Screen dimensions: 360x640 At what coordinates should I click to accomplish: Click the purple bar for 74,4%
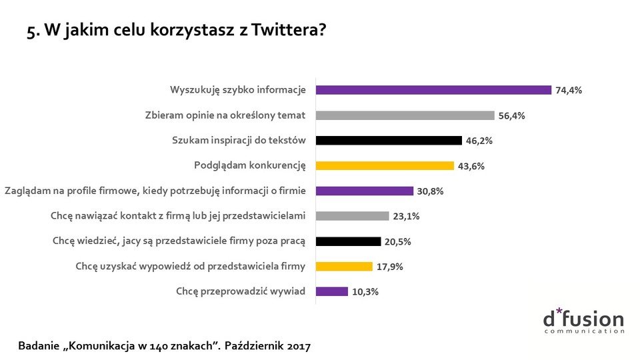click(x=433, y=90)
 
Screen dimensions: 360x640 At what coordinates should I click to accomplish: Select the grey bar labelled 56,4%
click(x=405, y=115)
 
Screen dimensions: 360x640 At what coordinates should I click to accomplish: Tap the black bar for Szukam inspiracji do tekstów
click(x=389, y=141)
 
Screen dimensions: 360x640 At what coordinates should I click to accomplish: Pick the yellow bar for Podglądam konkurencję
click(x=385, y=165)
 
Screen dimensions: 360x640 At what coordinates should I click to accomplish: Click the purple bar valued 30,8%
click(x=364, y=191)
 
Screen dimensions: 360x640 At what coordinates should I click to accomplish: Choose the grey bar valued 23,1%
click(x=352, y=216)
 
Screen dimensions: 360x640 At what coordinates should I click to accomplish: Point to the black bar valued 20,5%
click(x=348, y=241)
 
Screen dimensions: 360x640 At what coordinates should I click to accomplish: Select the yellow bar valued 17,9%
click(x=344, y=266)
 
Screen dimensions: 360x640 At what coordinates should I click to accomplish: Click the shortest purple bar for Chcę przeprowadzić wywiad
click(x=332, y=291)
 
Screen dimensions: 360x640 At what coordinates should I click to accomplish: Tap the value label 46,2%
click(x=479, y=141)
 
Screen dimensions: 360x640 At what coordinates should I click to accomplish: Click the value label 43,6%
click(x=471, y=166)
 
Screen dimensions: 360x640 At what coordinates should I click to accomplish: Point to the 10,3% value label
click(x=365, y=291)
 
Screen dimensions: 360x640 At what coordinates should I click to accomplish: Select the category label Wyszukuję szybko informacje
click(x=237, y=90)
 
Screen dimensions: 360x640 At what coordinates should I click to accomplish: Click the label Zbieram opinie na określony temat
click(x=225, y=115)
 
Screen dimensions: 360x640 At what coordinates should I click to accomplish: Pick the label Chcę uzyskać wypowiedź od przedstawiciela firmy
click(x=190, y=266)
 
